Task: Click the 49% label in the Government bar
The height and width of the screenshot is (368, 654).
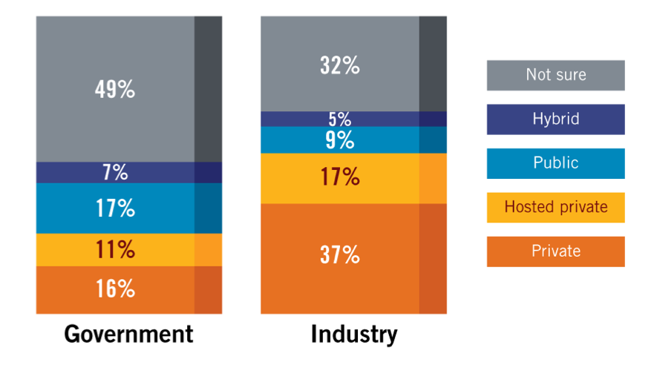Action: pyautogui.click(x=115, y=90)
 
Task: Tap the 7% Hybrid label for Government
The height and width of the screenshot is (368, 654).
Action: pyautogui.click(x=115, y=173)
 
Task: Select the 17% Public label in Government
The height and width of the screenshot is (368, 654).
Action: pyautogui.click(x=115, y=208)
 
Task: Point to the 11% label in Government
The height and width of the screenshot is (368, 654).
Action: pyautogui.click(x=115, y=249)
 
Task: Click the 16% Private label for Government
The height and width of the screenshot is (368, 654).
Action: pyautogui.click(x=115, y=289)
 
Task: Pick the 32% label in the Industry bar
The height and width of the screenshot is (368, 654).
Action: pyautogui.click(x=340, y=65)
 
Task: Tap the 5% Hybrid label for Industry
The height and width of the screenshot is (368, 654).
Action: pyautogui.click(x=340, y=119)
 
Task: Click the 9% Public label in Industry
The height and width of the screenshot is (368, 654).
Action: pyautogui.click(x=340, y=139)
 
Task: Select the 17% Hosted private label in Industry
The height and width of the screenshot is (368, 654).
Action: pyautogui.click(x=340, y=177)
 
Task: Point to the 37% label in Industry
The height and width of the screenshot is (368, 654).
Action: pyautogui.click(x=340, y=255)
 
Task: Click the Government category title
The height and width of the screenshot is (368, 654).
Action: pyautogui.click(x=128, y=334)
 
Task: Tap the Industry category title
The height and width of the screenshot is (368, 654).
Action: pyautogui.click(x=353, y=334)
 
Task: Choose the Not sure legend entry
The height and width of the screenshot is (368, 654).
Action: pyautogui.click(x=555, y=75)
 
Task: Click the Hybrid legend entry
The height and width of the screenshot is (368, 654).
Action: pyautogui.click(x=555, y=119)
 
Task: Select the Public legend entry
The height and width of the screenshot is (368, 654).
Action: pyautogui.click(x=555, y=163)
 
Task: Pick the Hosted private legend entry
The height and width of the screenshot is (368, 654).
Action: pyautogui.click(x=555, y=207)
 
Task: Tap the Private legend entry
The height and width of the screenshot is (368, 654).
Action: pyautogui.click(x=555, y=251)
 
